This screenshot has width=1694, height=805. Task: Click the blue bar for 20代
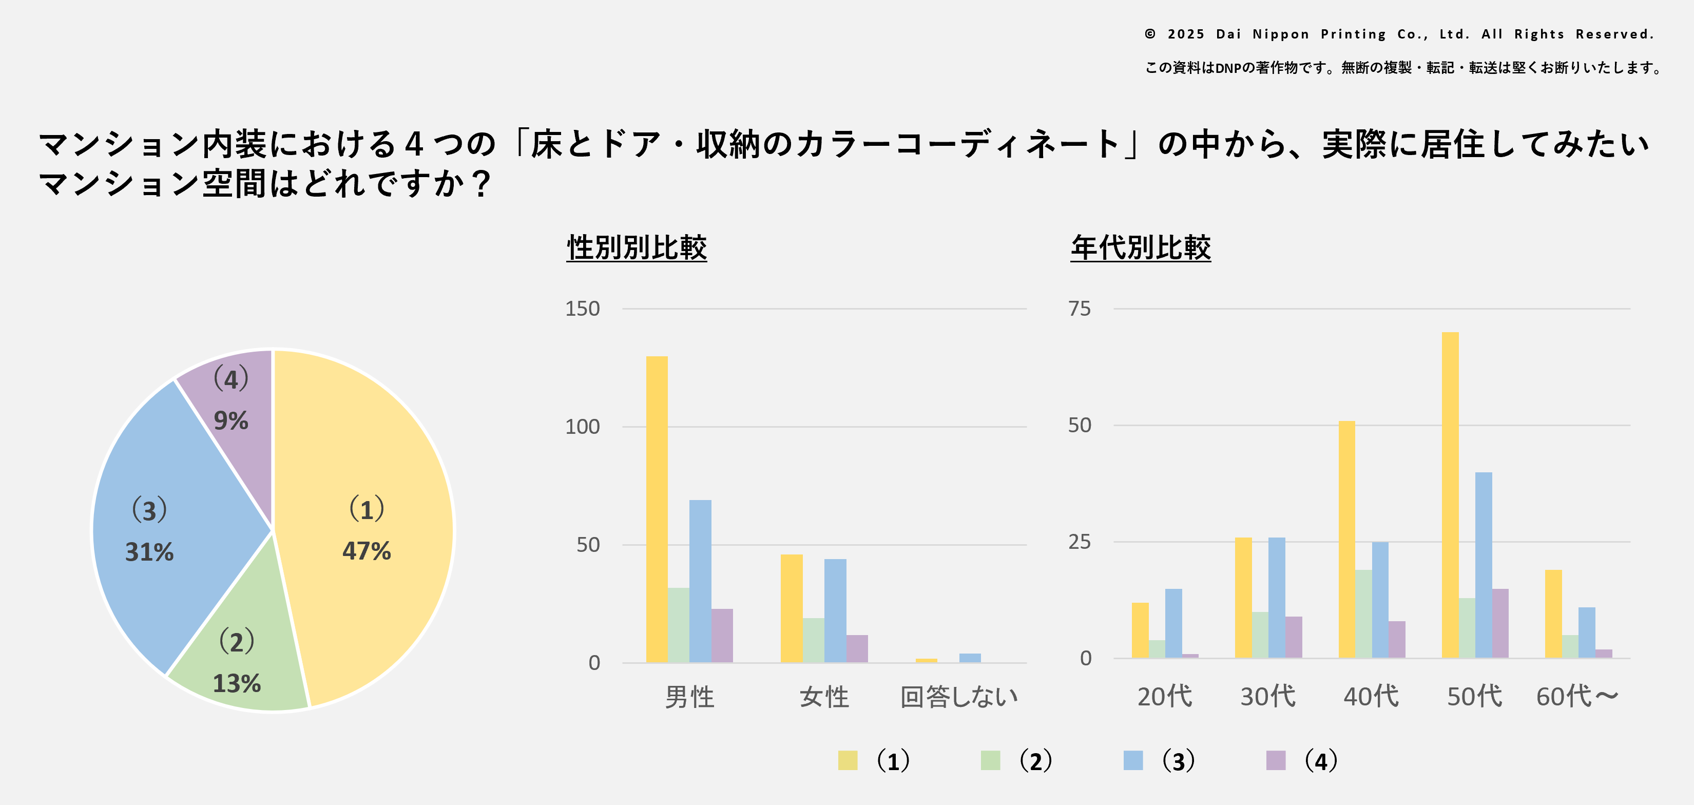(x=1173, y=623)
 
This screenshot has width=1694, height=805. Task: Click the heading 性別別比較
(x=637, y=248)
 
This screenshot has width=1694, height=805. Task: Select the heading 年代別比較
(x=1140, y=248)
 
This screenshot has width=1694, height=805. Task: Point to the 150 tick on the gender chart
(x=582, y=309)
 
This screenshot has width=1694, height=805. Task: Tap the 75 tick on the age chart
(x=1079, y=309)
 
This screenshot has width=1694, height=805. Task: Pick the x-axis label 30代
(x=1267, y=697)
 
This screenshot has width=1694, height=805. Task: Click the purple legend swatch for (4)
(x=1276, y=760)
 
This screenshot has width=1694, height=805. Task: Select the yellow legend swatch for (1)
(x=848, y=760)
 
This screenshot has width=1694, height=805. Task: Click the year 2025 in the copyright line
(x=1186, y=34)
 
